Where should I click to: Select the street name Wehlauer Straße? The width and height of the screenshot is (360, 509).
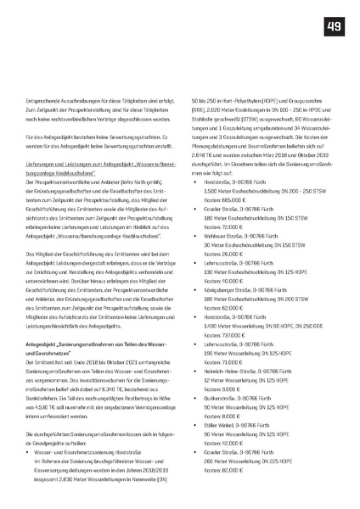coord(224,260)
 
